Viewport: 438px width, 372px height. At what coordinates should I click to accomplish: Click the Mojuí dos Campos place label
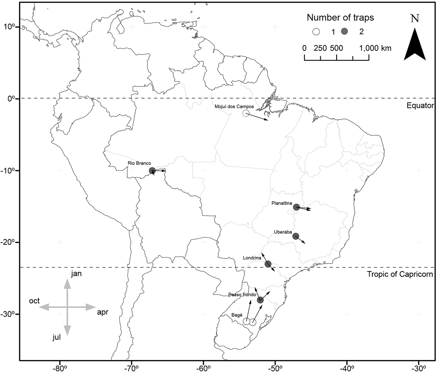click(x=234, y=107)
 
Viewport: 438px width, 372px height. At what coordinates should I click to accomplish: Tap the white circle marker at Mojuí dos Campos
click(x=246, y=113)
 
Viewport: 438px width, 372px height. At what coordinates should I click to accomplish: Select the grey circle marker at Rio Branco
click(x=152, y=171)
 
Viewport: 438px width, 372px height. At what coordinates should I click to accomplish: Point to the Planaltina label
click(x=282, y=203)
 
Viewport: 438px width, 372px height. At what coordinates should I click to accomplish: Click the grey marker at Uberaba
click(x=296, y=236)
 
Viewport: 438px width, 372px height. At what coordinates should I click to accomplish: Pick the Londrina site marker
click(x=268, y=264)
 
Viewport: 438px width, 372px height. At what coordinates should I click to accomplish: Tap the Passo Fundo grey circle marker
click(x=260, y=300)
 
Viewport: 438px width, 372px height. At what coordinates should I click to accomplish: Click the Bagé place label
click(x=237, y=315)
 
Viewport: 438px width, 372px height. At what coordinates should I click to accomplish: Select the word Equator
click(x=420, y=105)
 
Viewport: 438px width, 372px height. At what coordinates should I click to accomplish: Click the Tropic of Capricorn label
click(x=400, y=274)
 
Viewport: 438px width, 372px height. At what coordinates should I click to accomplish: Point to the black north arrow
click(x=415, y=45)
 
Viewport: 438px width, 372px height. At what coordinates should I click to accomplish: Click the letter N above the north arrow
click(x=415, y=19)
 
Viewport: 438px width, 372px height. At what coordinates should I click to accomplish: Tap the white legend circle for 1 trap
click(x=317, y=32)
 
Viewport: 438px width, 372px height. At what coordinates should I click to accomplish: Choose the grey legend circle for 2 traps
click(x=344, y=32)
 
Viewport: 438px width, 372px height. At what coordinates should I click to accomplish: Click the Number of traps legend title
click(x=340, y=18)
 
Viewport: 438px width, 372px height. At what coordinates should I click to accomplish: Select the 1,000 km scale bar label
click(x=375, y=48)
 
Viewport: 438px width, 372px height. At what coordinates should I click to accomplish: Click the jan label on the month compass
click(x=76, y=274)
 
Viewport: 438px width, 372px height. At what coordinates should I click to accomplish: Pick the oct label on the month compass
click(x=34, y=301)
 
